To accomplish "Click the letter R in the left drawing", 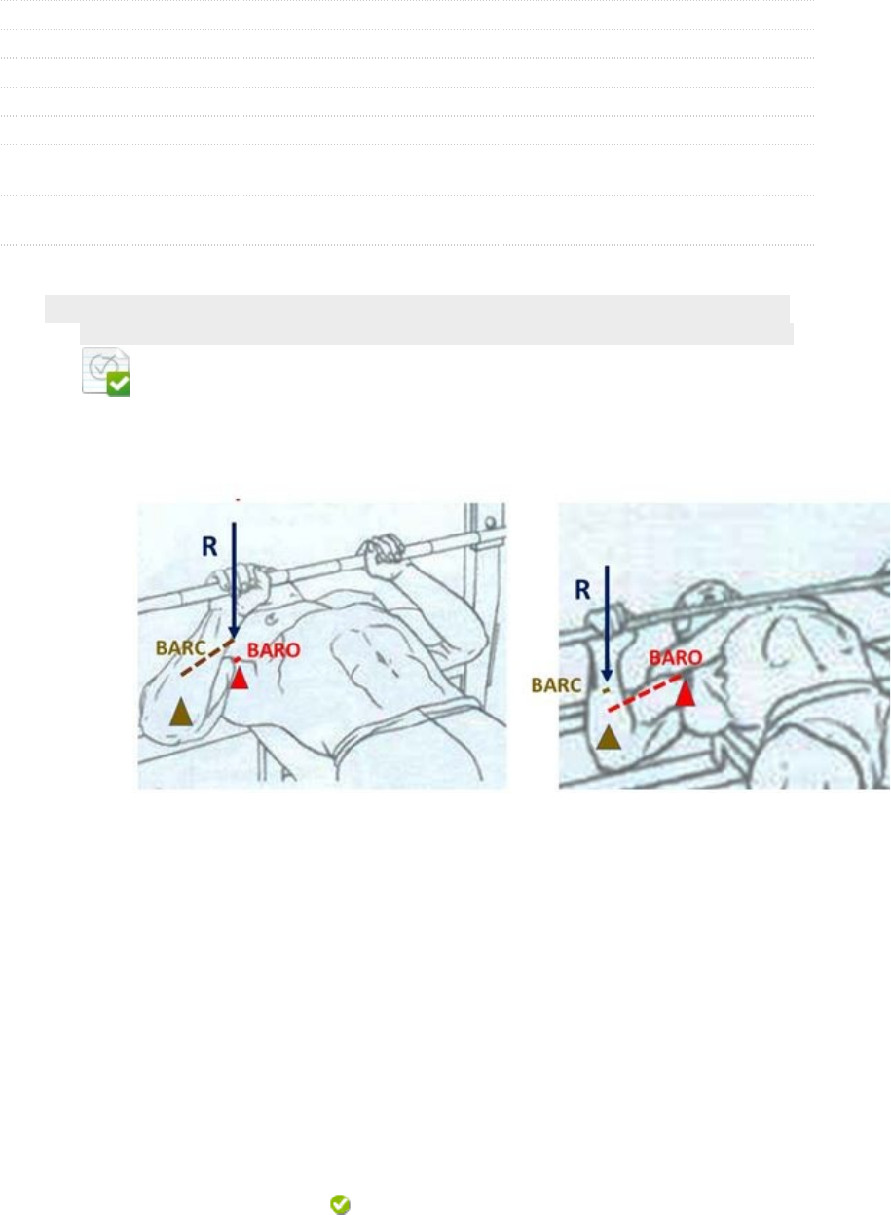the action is point(209,546).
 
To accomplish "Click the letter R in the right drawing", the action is point(582,590).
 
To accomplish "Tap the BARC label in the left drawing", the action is point(180,647).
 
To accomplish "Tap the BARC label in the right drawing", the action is point(556,685).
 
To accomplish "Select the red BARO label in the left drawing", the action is point(274,650).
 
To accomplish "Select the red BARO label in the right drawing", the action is point(676,658).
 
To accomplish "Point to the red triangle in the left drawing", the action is point(240,679).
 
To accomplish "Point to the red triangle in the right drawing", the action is point(686,694).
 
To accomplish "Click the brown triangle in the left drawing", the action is point(181,713).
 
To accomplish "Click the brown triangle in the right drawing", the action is point(609,738).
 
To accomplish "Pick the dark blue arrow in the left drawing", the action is point(234,580).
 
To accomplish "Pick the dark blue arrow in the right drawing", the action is point(607,623).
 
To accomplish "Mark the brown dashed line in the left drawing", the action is point(207,657).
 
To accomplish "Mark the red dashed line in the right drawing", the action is point(645,693).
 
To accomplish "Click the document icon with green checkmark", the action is point(106,372).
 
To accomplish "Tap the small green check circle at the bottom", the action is point(340,1204).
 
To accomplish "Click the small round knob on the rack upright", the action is point(490,523).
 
